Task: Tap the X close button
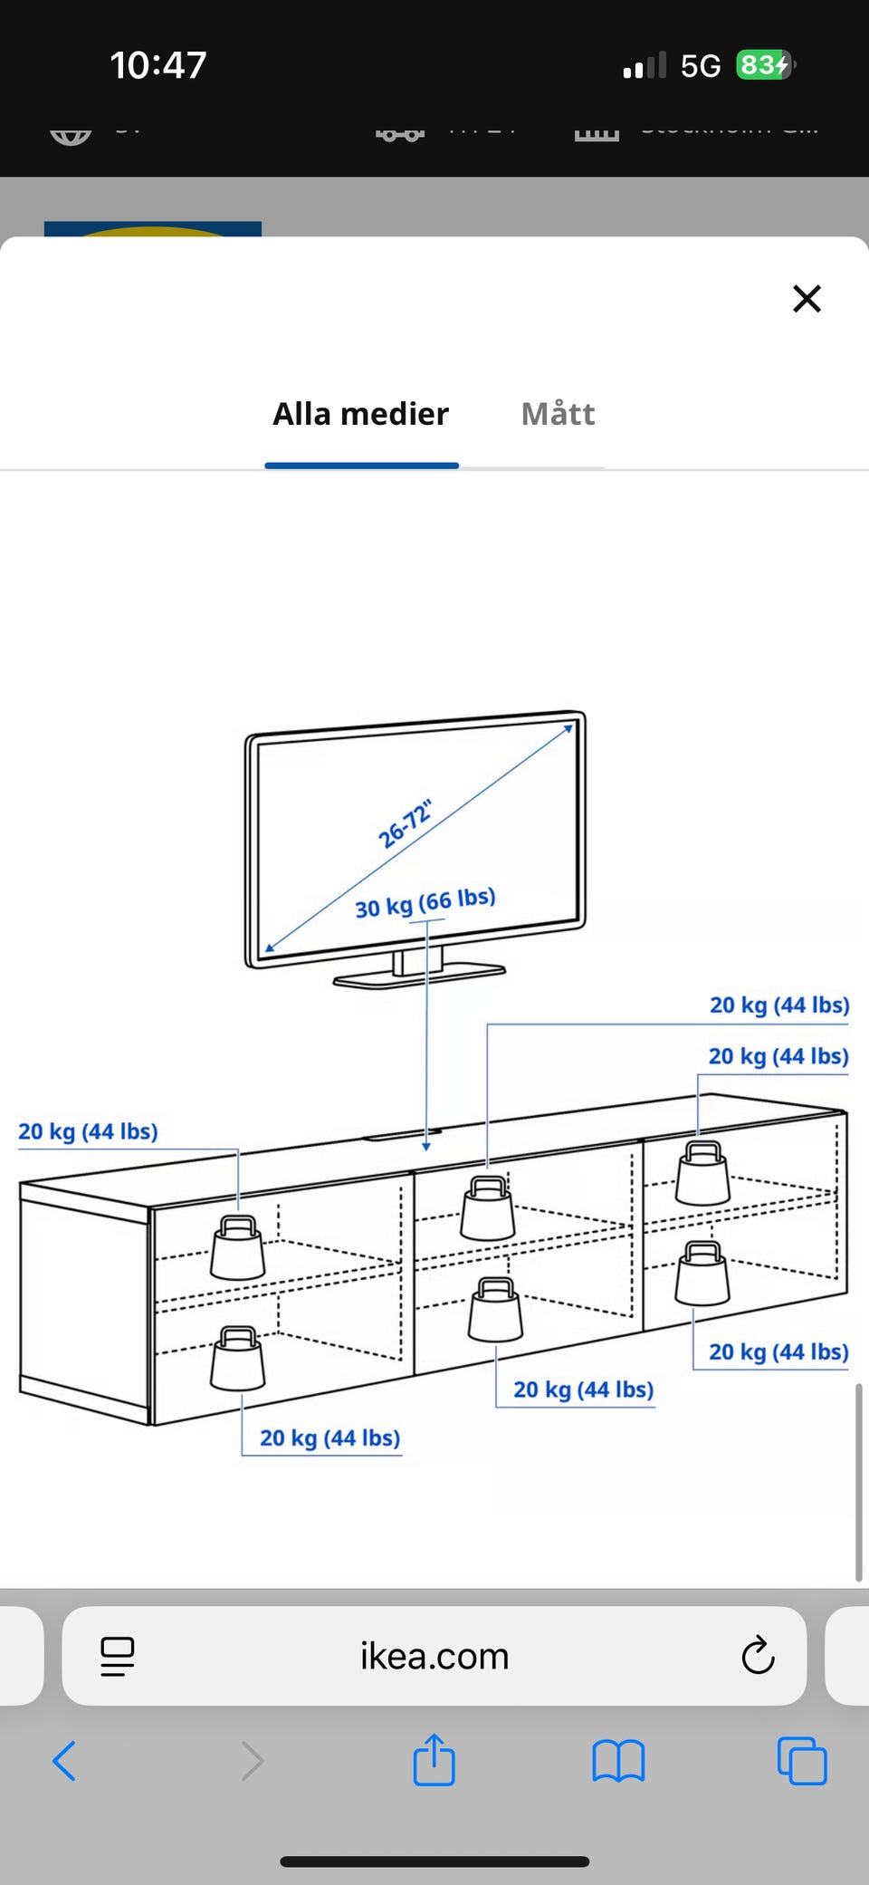pyautogui.click(x=807, y=298)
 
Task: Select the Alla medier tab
pyautogui.click(x=360, y=414)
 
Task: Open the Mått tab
pyautogui.click(x=558, y=414)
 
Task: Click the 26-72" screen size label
pyautogui.click(x=405, y=824)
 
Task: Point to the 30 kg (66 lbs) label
pyautogui.click(x=425, y=902)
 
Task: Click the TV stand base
pyautogui.click(x=419, y=976)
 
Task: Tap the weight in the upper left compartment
pyautogui.click(x=238, y=1247)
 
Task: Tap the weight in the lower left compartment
pyautogui.click(x=237, y=1358)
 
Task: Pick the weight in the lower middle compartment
pyautogui.click(x=495, y=1310)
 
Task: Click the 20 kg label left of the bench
pyautogui.click(x=88, y=1131)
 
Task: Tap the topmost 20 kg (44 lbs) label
pyautogui.click(x=778, y=1005)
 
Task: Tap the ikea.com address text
pyautogui.click(x=434, y=1657)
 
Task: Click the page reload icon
pyautogui.click(x=758, y=1657)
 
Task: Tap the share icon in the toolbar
pyautogui.click(x=434, y=1761)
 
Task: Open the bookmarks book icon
pyautogui.click(x=618, y=1762)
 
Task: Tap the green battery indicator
pyautogui.click(x=763, y=65)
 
